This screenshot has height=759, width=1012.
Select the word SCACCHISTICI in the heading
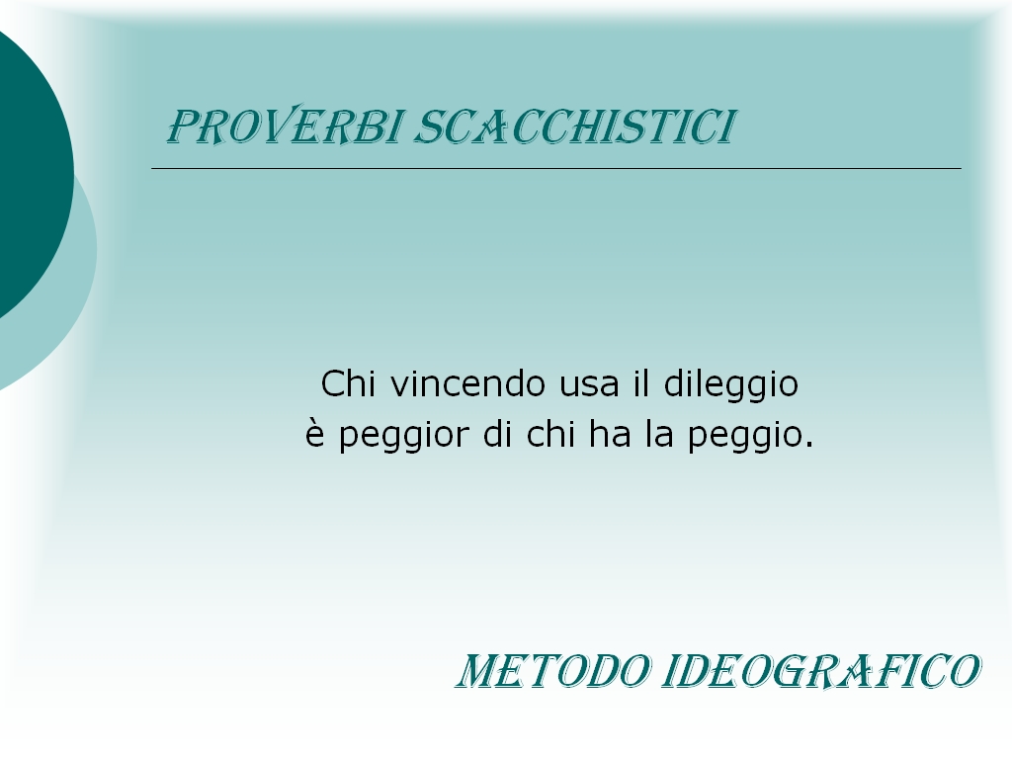tap(574, 126)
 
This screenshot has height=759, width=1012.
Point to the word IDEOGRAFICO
tap(821, 671)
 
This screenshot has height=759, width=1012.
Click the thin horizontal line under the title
tap(556, 168)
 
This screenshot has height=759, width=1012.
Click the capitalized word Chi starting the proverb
tap(348, 383)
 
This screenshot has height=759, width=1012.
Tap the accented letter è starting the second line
tap(313, 433)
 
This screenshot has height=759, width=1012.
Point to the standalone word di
tap(498, 434)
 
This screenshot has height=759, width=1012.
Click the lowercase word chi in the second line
tap(550, 434)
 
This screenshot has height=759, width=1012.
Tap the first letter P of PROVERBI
tap(183, 126)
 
